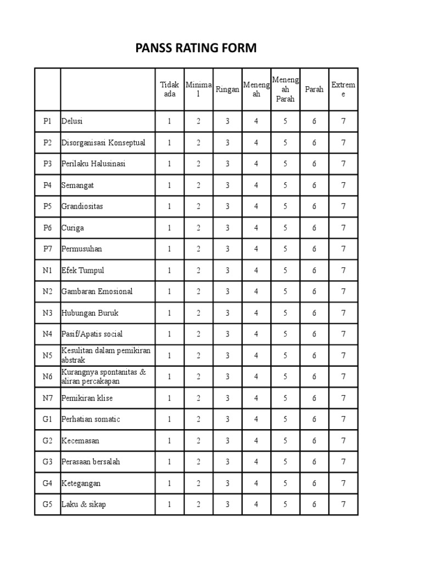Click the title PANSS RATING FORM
coord(196,48)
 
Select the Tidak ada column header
coord(169,89)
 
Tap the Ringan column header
coord(227,89)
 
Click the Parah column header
coord(314,89)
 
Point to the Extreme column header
coord(343,89)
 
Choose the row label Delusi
coord(72,121)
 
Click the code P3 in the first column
coord(47,164)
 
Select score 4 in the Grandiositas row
coord(256,206)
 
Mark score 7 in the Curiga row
coord(343,228)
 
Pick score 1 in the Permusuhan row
coord(169,249)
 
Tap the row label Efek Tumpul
coord(82,271)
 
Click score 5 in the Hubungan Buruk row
coord(285,313)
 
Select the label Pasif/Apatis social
coord(92,334)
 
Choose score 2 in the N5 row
coord(198,356)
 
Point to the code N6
coord(47,376)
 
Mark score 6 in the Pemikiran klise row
coord(314,398)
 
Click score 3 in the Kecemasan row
coord(227,441)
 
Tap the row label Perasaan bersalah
coord(91,462)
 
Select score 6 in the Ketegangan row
coord(314,484)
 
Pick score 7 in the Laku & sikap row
coord(343,504)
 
